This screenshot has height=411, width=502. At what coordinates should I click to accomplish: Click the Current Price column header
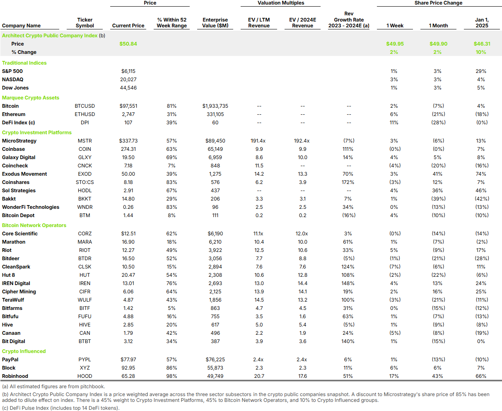[x=128, y=25]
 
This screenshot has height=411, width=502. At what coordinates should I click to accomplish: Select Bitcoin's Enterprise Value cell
[x=215, y=106]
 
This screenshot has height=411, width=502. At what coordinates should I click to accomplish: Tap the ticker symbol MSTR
[x=85, y=141]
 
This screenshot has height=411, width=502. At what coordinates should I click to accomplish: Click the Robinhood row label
[x=15, y=376]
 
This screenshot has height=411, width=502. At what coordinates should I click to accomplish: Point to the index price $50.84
[x=128, y=44]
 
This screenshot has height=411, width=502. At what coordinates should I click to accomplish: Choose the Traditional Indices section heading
[x=24, y=63]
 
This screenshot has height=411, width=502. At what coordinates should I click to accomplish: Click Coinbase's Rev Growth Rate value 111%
[x=348, y=149]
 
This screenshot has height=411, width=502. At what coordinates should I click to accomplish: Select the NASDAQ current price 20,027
[x=128, y=80]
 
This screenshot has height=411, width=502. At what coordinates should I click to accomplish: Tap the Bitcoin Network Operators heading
[x=34, y=225]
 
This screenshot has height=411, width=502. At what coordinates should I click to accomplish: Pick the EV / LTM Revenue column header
[x=259, y=23]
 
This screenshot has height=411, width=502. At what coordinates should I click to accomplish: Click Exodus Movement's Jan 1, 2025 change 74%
[x=481, y=174]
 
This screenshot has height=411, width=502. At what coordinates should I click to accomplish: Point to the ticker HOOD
[x=85, y=376]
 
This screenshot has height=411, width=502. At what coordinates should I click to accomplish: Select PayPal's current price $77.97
[x=128, y=360]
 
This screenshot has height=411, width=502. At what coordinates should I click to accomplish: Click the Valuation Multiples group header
[x=281, y=3]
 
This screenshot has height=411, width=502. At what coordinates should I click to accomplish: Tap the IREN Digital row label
[x=16, y=283]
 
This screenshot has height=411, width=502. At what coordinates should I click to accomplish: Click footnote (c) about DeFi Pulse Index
[x=61, y=408]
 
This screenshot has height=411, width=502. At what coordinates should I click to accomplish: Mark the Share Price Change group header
[x=438, y=3]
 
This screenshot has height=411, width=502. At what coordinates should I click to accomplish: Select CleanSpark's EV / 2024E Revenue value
[x=302, y=267]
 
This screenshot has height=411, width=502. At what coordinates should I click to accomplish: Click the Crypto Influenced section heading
[x=24, y=351]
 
